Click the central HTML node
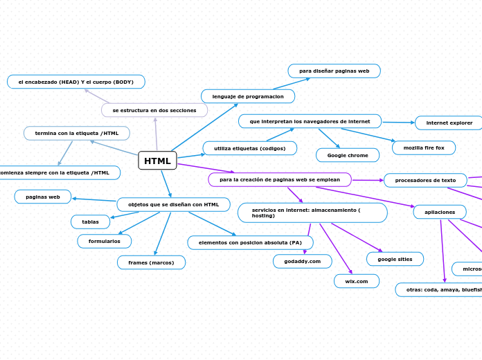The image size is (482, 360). pyautogui.click(x=157, y=161)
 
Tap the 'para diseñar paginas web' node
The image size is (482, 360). pyautogui.click(x=334, y=71)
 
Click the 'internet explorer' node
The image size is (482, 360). pyautogui.click(x=449, y=123)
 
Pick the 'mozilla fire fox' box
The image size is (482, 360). pyautogui.click(x=424, y=147)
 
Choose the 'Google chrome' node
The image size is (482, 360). pyautogui.click(x=348, y=155)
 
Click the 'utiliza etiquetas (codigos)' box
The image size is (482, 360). pyautogui.click(x=249, y=148)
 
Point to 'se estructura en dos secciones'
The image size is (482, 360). pyautogui.click(x=154, y=110)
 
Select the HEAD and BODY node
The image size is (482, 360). pyautogui.click(x=76, y=82)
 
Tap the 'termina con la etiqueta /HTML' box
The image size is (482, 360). pyautogui.click(x=77, y=133)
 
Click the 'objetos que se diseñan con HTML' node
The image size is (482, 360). pyautogui.click(x=173, y=204)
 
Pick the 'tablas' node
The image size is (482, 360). pyautogui.click(x=90, y=222)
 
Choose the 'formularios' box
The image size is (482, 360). pyautogui.click(x=104, y=241)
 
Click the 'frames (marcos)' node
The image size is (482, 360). pyautogui.click(x=151, y=262)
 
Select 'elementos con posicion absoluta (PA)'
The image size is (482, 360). pyautogui.click(x=250, y=242)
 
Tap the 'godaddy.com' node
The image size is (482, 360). pyautogui.click(x=302, y=261)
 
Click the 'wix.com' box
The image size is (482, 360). pyautogui.click(x=356, y=281)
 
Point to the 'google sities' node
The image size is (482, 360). pyautogui.click(x=395, y=259)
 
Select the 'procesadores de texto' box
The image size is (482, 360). pyautogui.click(x=425, y=180)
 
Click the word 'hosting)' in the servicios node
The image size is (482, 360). pyautogui.click(x=263, y=216)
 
